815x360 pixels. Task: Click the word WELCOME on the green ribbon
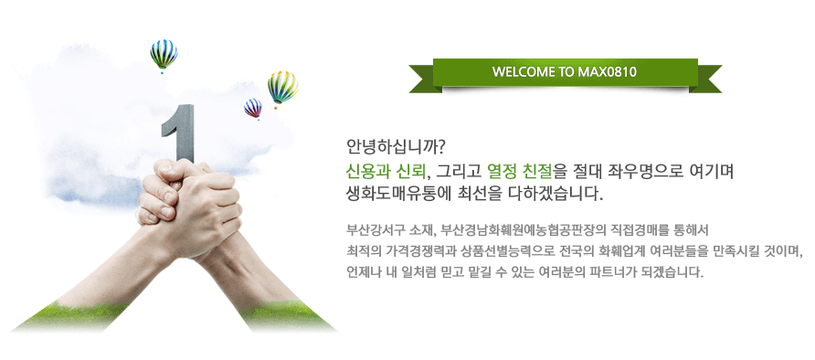[x=524, y=72]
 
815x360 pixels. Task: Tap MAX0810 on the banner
[x=607, y=72]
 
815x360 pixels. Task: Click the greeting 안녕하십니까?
[x=396, y=147]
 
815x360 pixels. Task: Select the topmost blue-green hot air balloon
[x=164, y=55]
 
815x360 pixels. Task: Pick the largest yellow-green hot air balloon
[x=282, y=88]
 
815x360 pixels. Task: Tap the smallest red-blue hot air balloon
[x=253, y=109]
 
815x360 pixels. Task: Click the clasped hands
[x=190, y=207]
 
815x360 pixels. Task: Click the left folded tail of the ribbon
[x=424, y=79]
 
